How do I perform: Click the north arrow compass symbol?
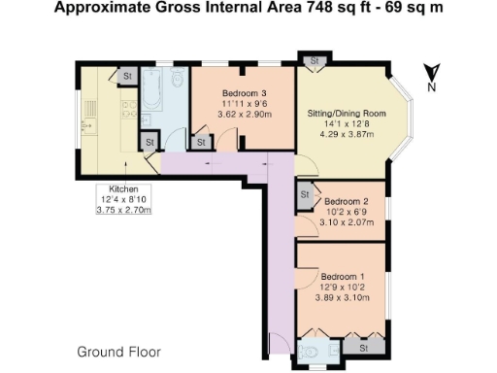coord(434,71)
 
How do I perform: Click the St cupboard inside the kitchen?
coord(128,74)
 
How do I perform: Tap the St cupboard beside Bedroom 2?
coord(305,194)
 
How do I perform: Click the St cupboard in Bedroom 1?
coord(366,345)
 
